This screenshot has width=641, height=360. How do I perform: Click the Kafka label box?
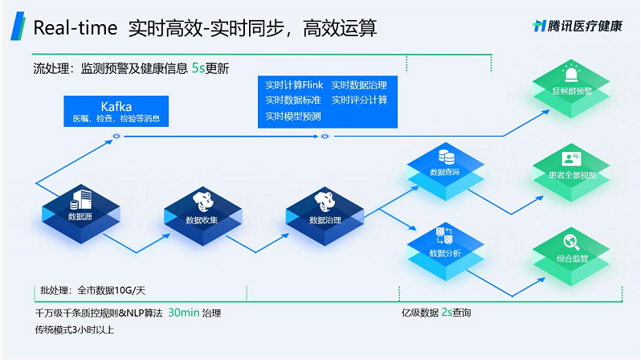click(116, 111)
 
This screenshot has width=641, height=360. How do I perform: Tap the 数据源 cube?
click(81, 214)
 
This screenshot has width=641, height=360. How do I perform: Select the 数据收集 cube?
click(202, 216)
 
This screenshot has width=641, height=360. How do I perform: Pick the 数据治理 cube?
click(325, 216)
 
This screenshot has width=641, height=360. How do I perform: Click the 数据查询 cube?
click(446, 171)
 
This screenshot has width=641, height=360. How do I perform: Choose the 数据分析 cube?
click(446, 252)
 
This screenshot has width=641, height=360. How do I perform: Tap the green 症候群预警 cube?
click(571, 88)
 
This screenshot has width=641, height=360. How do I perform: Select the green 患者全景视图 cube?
click(571, 173)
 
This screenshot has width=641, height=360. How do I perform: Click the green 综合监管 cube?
click(571, 256)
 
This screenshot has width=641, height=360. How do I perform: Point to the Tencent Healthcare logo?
click(578, 27)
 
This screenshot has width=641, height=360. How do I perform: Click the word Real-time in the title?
click(76, 28)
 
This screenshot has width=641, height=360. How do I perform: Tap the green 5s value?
click(198, 67)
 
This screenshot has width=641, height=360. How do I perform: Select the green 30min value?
click(184, 313)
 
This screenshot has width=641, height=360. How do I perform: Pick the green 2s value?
click(447, 312)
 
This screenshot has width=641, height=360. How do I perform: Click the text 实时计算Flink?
click(294, 84)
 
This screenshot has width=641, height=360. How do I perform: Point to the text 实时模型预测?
click(293, 117)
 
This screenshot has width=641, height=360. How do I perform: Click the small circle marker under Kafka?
click(116, 137)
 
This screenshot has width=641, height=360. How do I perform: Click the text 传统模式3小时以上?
click(75, 329)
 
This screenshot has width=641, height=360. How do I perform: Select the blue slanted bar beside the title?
click(18, 27)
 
